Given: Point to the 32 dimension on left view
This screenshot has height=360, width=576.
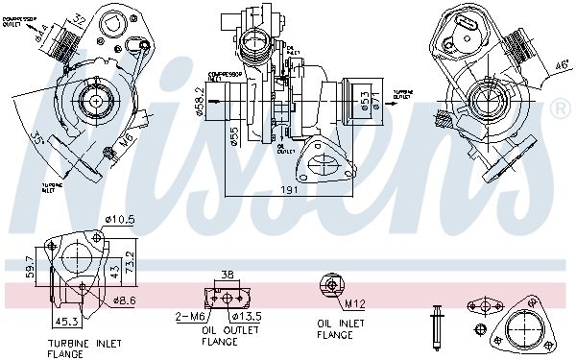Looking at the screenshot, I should (81, 18).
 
